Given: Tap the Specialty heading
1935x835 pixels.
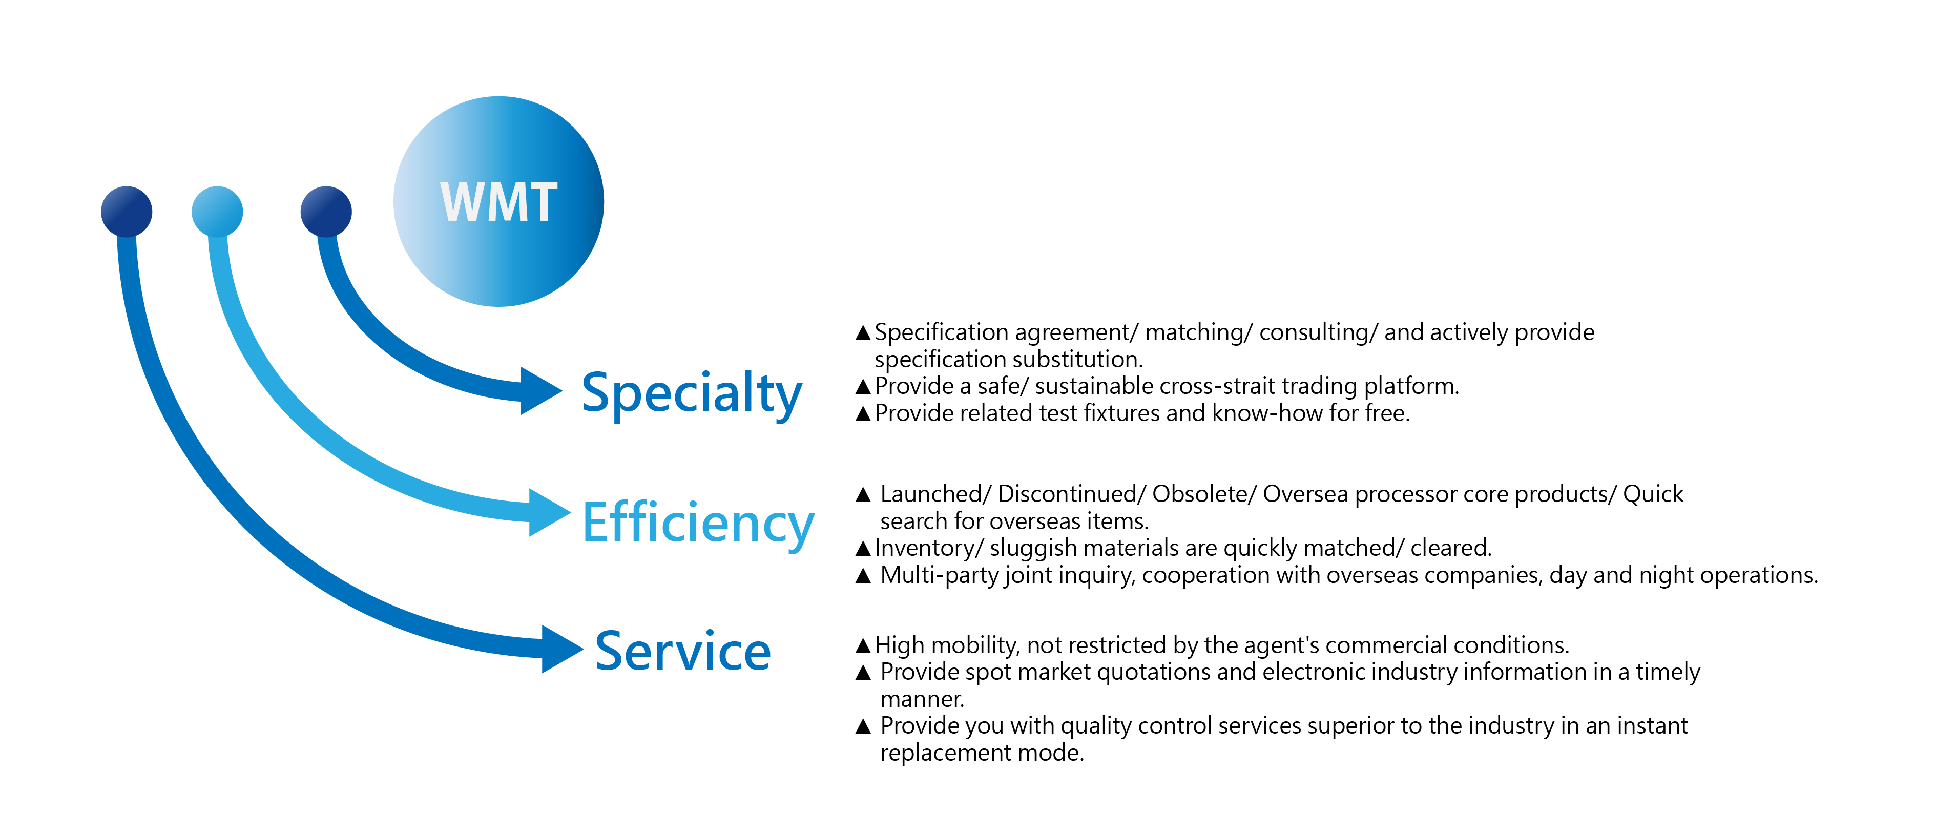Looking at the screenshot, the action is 692,394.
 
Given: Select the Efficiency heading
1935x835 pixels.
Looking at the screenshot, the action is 698,524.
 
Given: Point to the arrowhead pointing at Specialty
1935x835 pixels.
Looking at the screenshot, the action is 540,390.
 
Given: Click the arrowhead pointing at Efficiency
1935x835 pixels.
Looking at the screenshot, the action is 548,513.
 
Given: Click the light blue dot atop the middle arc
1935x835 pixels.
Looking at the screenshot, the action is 217,212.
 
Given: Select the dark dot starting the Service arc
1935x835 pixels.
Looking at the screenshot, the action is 126,212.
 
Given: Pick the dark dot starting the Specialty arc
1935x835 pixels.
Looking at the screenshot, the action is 326,212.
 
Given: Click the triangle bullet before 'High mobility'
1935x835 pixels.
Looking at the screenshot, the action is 863,645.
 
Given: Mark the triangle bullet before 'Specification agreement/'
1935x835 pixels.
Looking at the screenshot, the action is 863,332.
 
